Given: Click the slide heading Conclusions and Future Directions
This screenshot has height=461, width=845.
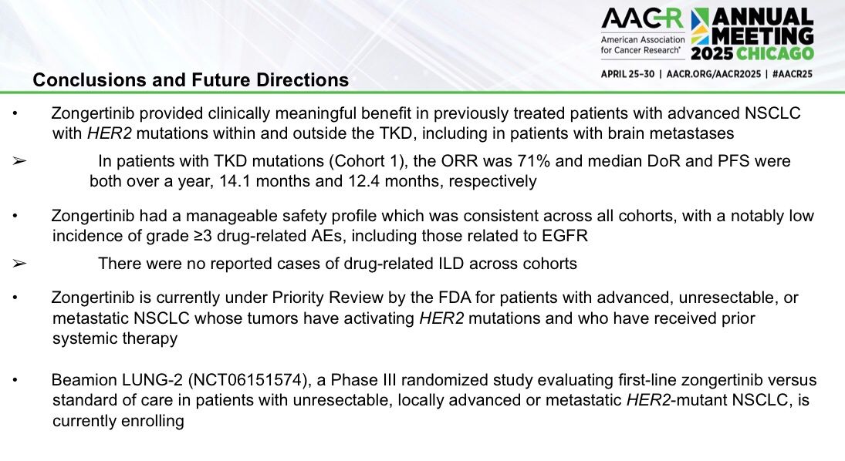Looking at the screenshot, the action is coord(191,79).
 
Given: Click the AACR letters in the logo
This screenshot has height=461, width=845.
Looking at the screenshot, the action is coord(642,19).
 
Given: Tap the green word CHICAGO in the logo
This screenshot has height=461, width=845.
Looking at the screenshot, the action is coord(775,53).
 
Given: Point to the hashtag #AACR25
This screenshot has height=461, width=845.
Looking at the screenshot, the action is coord(792,74).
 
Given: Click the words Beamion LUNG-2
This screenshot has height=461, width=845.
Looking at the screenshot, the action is coord(117,380).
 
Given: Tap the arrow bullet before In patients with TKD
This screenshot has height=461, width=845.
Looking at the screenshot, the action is coord(19,161).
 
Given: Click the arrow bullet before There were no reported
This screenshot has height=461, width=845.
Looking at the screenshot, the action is coord(19,264).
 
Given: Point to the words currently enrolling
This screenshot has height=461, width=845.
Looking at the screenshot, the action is coord(118,421).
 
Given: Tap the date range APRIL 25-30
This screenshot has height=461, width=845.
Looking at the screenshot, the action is coord(628,74).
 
